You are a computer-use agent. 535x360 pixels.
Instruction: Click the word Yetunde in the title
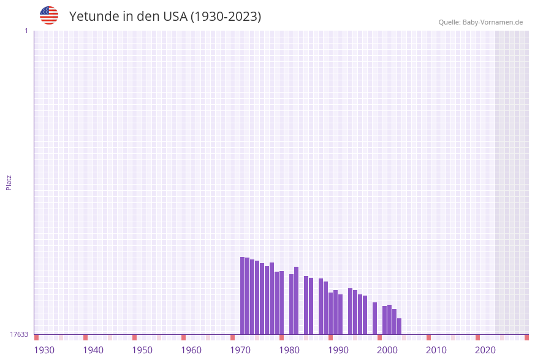(94, 17)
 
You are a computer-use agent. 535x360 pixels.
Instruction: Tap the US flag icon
(49, 15)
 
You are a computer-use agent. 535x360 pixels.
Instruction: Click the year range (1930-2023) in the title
(226, 17)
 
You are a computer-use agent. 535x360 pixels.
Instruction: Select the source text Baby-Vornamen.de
(492, 22)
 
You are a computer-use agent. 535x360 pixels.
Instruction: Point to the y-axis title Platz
(9, 182)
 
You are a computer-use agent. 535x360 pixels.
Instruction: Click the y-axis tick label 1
(26, 31)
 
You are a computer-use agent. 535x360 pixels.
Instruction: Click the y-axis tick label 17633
(19, 334)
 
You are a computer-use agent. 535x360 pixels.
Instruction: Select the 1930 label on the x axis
(44, 350)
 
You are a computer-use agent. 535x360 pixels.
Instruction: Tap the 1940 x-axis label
(93, 350)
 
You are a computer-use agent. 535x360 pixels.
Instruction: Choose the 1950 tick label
(142, 350)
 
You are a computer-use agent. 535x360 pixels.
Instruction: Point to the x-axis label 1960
(191, 350)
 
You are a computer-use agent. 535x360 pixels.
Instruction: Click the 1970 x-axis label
(240, 350)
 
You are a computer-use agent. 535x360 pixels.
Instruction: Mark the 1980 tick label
(289, 350)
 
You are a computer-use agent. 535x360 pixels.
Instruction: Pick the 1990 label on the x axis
(338, 350)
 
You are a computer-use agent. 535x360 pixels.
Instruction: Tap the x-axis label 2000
(387, 350)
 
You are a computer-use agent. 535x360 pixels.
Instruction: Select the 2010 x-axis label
(436, 350)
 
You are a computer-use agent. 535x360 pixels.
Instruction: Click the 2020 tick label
(485, 350)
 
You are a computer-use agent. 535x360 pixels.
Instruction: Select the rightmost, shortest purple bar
(399, 326)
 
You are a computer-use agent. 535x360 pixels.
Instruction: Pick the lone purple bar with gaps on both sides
(374, 318)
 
